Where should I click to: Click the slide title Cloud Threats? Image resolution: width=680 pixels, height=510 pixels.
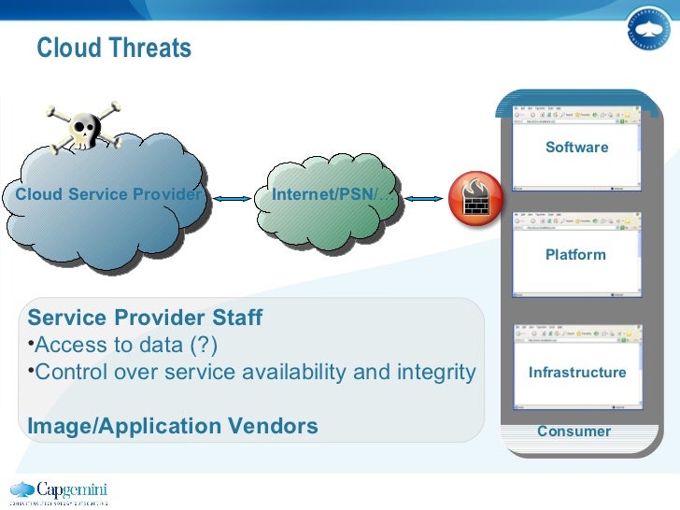tap(114, 49)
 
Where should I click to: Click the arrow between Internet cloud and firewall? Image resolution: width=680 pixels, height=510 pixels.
tap(423, 197)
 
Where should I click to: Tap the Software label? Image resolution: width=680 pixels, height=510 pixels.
tap(576, 148)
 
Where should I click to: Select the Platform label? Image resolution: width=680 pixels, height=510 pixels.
tap(575, 255)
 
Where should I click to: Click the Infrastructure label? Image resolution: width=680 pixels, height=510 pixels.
tap(577, 373)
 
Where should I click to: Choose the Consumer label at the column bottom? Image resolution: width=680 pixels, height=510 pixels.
tap(574, 432)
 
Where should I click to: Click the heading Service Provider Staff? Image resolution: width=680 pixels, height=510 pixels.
tap(145, 318)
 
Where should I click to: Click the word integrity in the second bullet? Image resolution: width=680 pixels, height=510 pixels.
tap(434, 372)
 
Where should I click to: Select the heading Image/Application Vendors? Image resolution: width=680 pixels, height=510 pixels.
tap(173, 427)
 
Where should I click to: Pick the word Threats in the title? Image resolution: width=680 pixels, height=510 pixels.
tap(151, 49)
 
